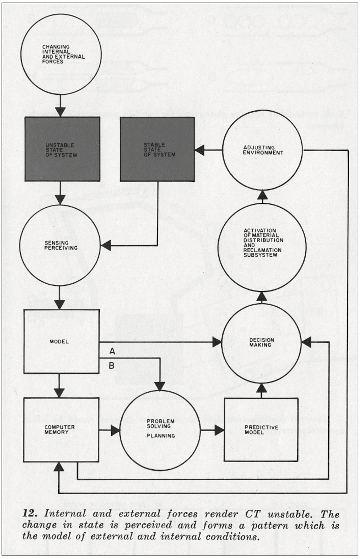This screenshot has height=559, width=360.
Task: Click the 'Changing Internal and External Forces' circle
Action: coord(61,54)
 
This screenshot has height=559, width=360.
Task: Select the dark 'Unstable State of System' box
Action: coord(62,149)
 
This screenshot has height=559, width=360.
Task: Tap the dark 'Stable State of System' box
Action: coord(158,149)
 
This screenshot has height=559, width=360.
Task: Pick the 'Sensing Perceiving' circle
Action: coord(60,245)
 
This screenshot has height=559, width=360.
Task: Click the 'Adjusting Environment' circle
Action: coord(262,150)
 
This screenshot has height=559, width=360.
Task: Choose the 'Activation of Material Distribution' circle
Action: coord(262,247)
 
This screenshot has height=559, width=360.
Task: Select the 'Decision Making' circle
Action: coord(262,343)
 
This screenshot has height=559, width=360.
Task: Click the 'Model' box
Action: coord(62,341)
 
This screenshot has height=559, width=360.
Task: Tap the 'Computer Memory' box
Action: coord(61,430)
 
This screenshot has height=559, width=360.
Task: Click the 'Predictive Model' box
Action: coord(261,429)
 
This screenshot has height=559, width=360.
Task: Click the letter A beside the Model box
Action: coord(112,351)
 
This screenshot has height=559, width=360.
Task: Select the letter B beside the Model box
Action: coord(112,366)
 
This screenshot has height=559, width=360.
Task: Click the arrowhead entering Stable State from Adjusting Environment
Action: coord(199,150)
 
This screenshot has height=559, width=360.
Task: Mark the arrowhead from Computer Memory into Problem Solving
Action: coord(115,430)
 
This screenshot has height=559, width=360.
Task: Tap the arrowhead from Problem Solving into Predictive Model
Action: coord(219,430)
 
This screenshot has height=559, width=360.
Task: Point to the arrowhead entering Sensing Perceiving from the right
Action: coord(105,245)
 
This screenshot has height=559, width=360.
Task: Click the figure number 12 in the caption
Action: coord(30,513)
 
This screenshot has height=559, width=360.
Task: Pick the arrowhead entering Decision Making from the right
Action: coord(306,342)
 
